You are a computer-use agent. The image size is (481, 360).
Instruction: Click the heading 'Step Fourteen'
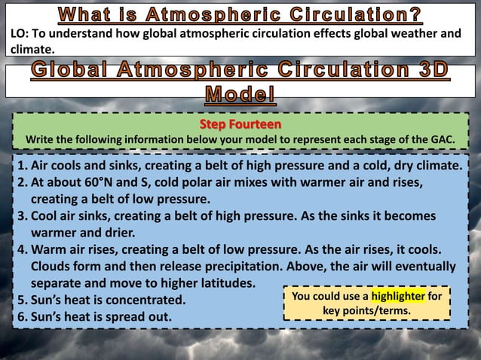click(x=240, y=124)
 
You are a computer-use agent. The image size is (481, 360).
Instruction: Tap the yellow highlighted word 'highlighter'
click(x=397, y=296)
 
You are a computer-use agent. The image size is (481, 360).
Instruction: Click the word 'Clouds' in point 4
click(x=53, y=267)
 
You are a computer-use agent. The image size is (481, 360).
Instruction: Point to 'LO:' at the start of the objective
click(x=21, y=33)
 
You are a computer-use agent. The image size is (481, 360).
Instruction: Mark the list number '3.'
click(x=23, y=216)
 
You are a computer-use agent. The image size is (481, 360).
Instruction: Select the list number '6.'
click(x=23, y=316)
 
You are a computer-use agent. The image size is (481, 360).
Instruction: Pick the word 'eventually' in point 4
click(x=421, y=267)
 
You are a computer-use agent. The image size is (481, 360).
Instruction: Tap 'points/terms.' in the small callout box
click(x=366, y=311)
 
